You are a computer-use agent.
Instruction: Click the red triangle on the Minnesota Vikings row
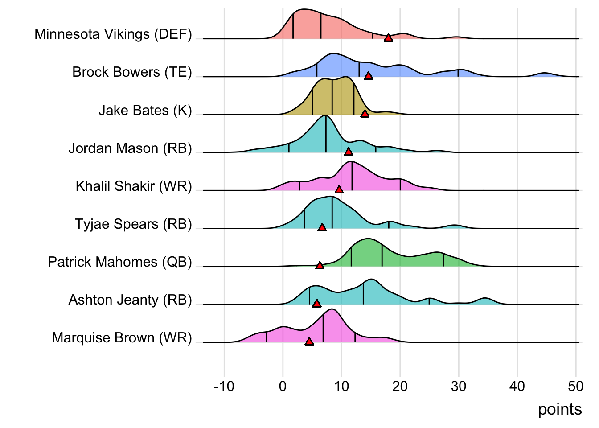388,38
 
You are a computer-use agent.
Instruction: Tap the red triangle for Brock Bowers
368,76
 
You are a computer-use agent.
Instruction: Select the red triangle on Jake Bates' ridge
365,114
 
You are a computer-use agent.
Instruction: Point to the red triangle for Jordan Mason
349,152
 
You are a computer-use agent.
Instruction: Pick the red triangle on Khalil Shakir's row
339,190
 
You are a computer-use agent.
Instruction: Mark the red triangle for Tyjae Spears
322,228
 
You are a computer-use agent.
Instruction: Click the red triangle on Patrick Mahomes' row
320,266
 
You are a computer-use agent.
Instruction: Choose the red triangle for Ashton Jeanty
316,304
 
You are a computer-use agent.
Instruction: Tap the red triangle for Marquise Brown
309,342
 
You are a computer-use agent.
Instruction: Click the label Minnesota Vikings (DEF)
113,34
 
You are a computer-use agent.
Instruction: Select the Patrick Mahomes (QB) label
120,262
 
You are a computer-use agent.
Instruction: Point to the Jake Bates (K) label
145,110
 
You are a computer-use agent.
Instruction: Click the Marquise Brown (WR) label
122,337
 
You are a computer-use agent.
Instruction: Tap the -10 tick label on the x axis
224,386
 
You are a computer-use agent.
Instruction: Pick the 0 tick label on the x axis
283,386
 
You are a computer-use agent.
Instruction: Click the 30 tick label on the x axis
459,386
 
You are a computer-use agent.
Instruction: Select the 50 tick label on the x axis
576,386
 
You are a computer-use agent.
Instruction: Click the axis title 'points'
560,409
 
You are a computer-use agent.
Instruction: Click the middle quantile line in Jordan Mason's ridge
326,134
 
